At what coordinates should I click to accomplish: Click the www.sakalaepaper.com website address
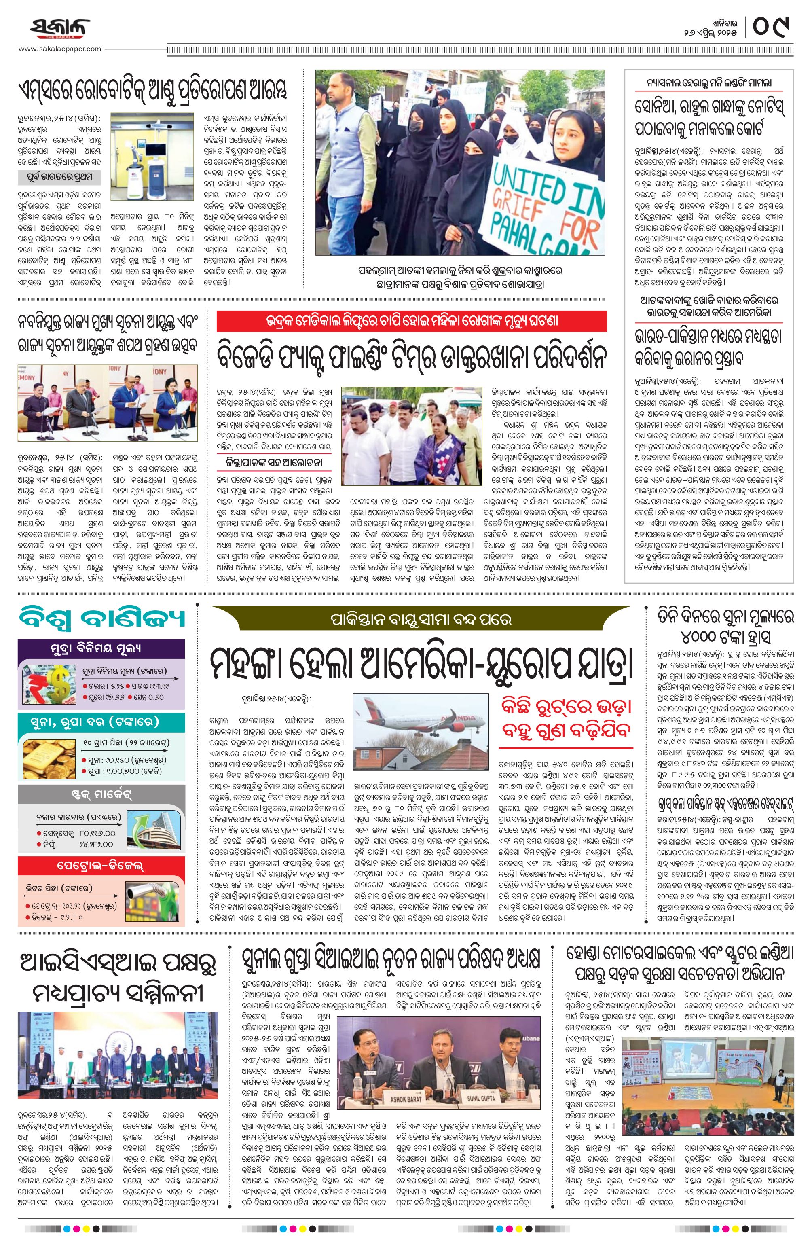[60, 49]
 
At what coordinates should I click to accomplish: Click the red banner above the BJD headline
[411, 321]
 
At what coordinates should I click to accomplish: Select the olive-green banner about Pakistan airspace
[421, 619]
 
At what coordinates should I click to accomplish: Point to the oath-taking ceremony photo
[108, 402]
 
